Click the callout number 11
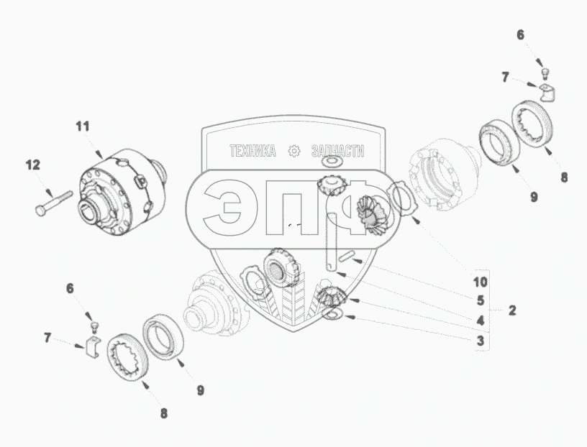[x=83, y=126]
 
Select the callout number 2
[x=511, y=310]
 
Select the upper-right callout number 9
[x=534, y=195]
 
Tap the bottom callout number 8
[x=164, y=413]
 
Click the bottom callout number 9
[x=201, y=390]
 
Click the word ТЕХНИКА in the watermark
[x=252, y=151]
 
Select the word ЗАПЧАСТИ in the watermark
[x=338, y=151]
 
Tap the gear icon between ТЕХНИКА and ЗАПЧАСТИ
[x=293, y=151]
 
